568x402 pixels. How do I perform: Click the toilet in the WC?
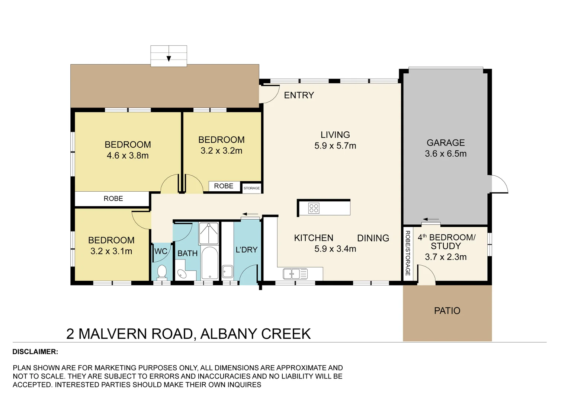pyautogui.click(x=162, y=271)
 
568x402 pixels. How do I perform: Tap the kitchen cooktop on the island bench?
pyautogui.click(x=314, y=208)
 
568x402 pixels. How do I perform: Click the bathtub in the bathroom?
pyautogui.click(x=210, y=263)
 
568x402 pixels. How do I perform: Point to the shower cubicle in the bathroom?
pyautogui.click(x=209, y=233)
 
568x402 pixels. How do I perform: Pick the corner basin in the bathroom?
pyautogui.click(x=182, y=274)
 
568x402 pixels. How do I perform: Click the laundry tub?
pyautogui.click(x=227, y=272)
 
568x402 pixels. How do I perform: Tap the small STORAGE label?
pyautogui.click(x=252, y=188)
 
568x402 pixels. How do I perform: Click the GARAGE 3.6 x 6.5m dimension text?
pyautogui.click(x=446, y=154)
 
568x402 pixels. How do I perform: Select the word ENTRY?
pyautogui.click(x=299, y=95)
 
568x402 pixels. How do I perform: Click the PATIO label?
pyautogui.click(x=447, y=311)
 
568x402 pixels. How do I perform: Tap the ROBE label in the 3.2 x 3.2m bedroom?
pyautogui.click(x=224, y=186)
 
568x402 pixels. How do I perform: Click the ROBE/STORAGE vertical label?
pyautogui.click(x=408, y=253)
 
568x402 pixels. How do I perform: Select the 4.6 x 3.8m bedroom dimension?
pyautogui.click(x=128, y=156)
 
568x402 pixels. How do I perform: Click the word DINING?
pyautogui.click(x=373, y=238)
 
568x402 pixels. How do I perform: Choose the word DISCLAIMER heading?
pyautogui.click(x=35, y=352)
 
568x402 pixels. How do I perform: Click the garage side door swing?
pyautogui.click(x=500, y=184)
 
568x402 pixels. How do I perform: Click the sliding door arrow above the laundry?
pyautogui.click(x=251, y=214)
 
